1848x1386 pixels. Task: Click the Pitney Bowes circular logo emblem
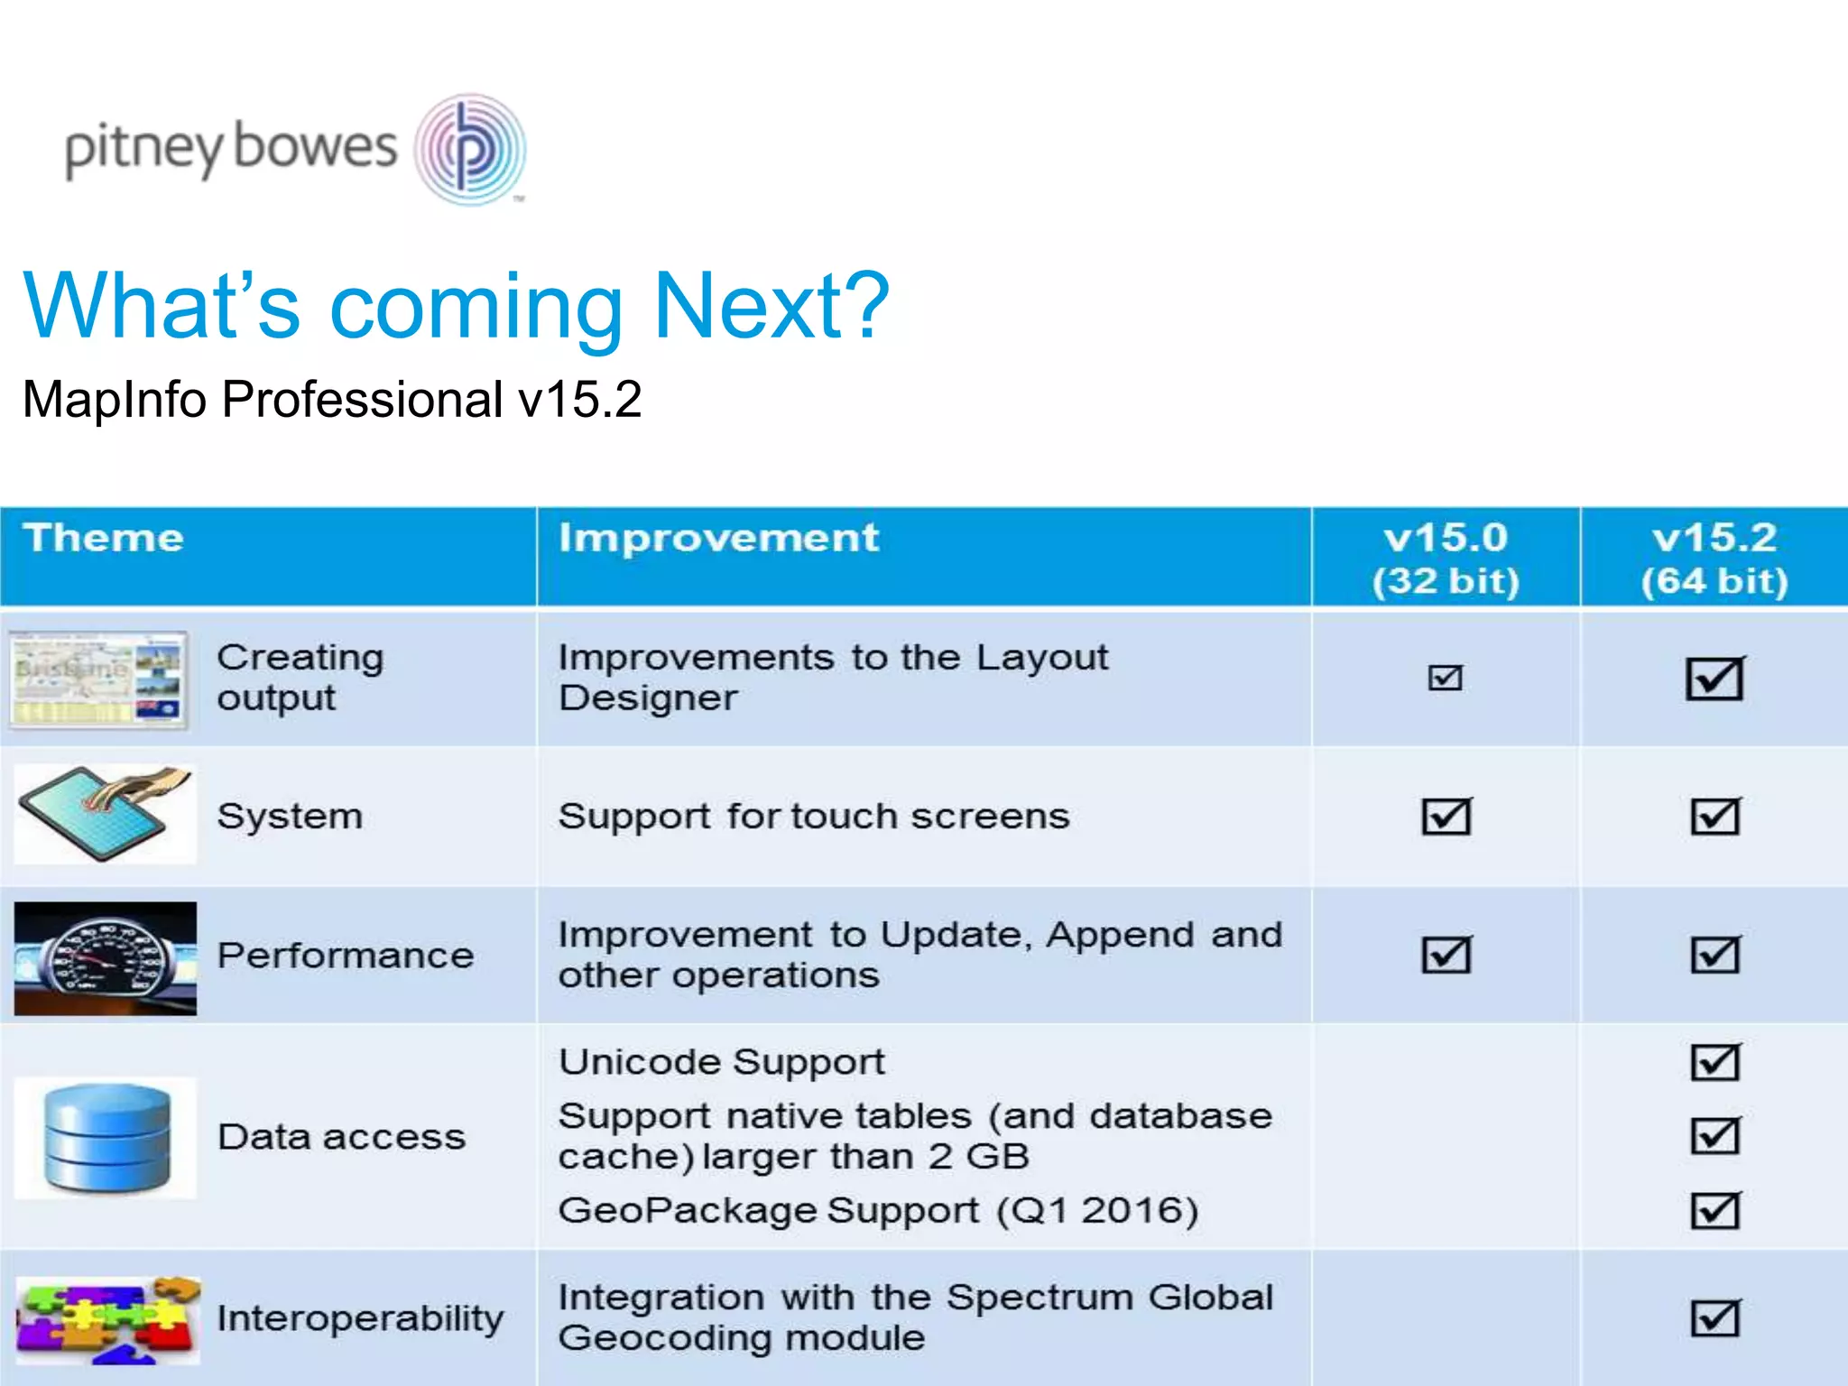(x=470, y=150)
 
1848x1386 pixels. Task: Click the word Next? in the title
(x=772, y=307)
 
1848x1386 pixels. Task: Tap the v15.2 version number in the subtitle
(x=579, y=399)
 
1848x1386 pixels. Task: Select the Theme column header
(x=104, y=538)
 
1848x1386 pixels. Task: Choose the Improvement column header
(x=718, y=538)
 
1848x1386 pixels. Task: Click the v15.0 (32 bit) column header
(x=1446, y=559)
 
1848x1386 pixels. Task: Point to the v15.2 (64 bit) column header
(x=1714, y=559)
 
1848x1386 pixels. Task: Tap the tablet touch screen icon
(x=105, y=814)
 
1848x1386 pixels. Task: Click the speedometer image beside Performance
(x=105, y=958)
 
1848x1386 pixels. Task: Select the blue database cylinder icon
(x=106, y=1138)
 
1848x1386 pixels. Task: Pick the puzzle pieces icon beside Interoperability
(x=106, y=1319)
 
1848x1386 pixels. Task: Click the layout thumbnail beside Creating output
(x=98, y=679)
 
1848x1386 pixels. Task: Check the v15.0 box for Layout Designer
(x=1445, y=677)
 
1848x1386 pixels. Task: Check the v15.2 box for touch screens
(x=1714, y=817)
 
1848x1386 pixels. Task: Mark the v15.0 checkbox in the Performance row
(x=1446, y=955)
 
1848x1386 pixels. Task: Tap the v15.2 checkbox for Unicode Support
(x=1714, y=1062)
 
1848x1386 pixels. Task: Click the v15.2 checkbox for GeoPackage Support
(x=1714, y=1210)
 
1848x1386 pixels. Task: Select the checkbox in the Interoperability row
(x=1714, y=1318)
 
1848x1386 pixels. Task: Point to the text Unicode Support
(x=722, y=1062)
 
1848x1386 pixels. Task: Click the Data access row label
(x=341, y=1137)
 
